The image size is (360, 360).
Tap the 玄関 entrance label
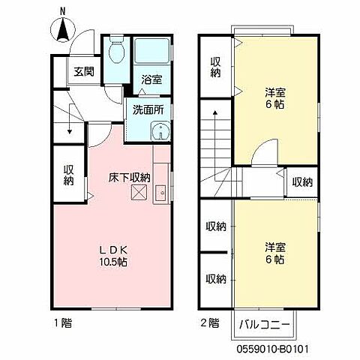click(x=83, y=72)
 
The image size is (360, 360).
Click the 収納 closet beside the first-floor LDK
click(x=68, y=175)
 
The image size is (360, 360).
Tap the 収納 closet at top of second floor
click(x=216, y=67)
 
